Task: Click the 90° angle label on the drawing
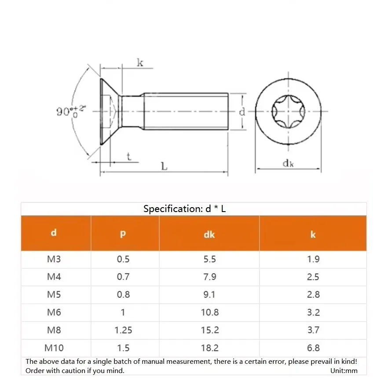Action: click(x=71, y=111)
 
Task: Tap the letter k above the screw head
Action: click(x=140, y=62)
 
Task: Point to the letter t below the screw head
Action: click(x=129, y=157)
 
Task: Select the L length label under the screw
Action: click(x=164, y=166)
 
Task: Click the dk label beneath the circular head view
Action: click(x=288, y=163)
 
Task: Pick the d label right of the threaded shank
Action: click(x=242, y=112)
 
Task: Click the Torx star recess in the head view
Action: click(x=288, y=112)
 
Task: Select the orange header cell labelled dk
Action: click(x=209, y=233)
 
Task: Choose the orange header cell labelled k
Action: click(x=313, y=233)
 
